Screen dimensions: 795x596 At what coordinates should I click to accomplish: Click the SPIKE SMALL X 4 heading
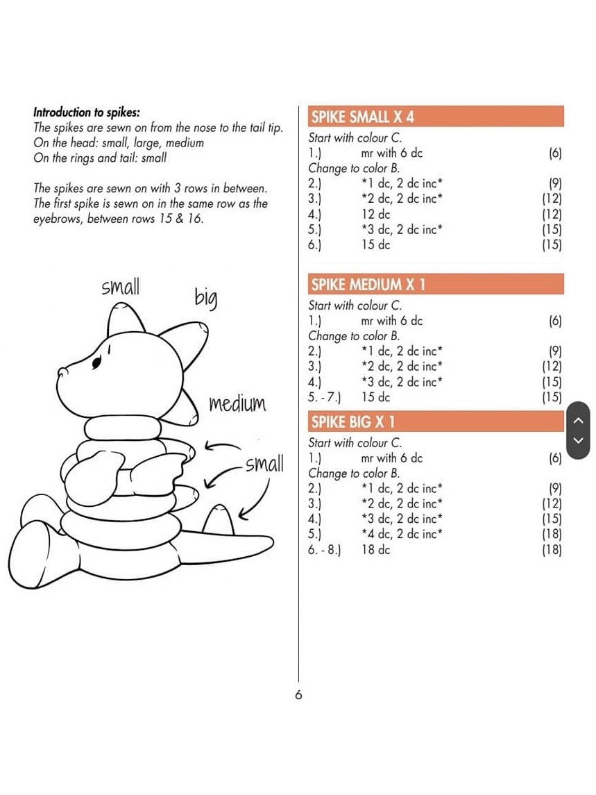pyautogui.click(x=363, y=116)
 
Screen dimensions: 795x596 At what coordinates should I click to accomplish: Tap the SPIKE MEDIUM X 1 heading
pyautogui.click(x=368, y=284)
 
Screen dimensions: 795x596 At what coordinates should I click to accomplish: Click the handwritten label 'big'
pyautogui.click(x=205, y=298)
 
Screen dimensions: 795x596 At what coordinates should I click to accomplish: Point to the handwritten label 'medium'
pyautogui.click(x=237, y=403)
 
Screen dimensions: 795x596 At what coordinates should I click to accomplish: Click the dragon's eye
pyautogui.click(x=98, y=361)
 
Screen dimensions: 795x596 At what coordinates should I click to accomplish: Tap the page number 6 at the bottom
pyautogui.click(x=298, y=695)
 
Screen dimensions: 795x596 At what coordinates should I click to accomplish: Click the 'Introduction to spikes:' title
pyautogui.click(x=87, y=112)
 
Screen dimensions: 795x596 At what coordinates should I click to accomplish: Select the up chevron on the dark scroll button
pyautogui.click(x=579, y=419)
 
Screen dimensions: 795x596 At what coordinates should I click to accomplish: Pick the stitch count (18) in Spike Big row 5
pyautogui.click(x=552, y=534)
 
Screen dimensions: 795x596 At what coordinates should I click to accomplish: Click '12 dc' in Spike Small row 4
pyautogui.click(x=375, y=215)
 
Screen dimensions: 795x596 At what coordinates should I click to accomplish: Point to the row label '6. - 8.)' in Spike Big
pyautogui.click(x=325, y=550)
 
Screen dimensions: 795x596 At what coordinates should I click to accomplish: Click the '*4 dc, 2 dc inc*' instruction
pyautogui.click(x=402, y=534)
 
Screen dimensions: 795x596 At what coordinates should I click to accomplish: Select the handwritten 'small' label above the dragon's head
pyautogui.click(x=120, y=287)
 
